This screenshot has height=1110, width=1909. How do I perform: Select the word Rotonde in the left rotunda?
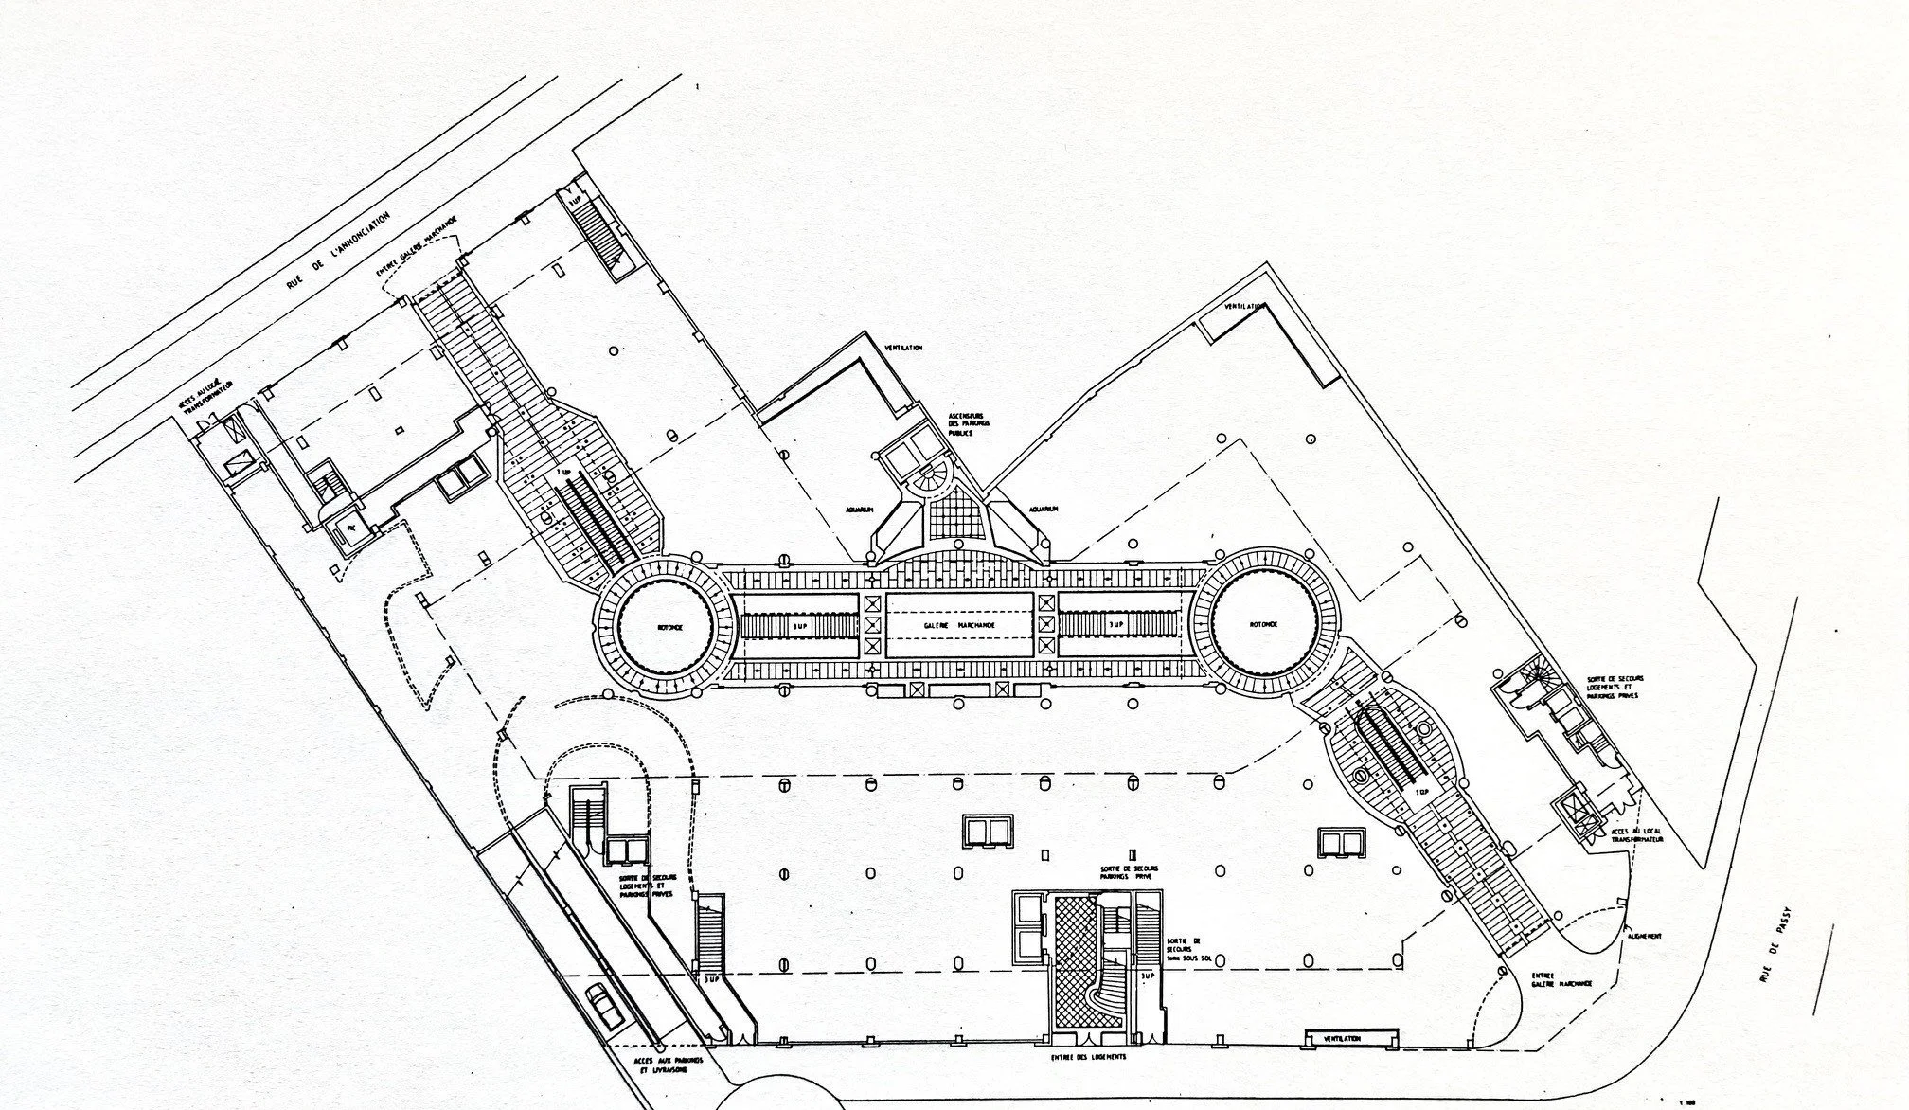[667, 627]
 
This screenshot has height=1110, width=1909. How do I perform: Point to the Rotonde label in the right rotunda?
[1263, 625]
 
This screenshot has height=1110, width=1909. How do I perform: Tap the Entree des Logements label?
[1089, 1056]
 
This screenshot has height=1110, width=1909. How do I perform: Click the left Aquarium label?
[859, 510]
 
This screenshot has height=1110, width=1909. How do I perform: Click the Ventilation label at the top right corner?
[1244, 307]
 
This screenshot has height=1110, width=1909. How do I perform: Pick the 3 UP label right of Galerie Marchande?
[1115, 625]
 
